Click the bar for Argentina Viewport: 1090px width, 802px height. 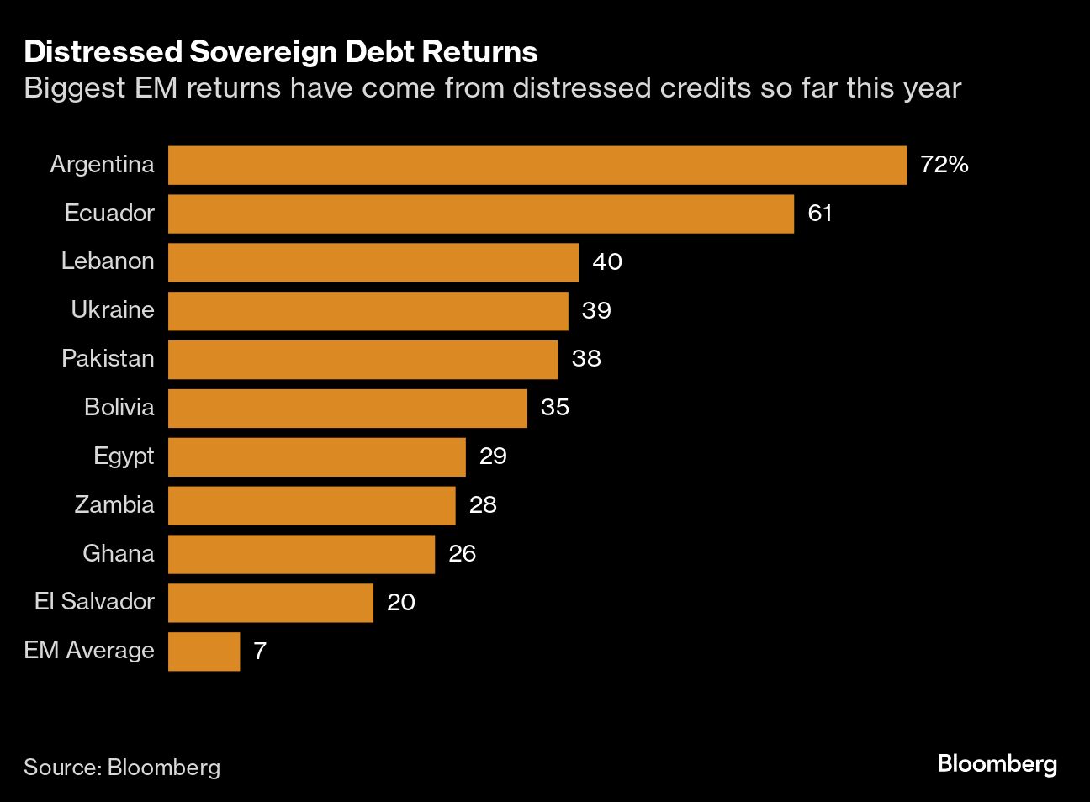(537, 165)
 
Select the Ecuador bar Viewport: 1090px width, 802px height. (481, 214)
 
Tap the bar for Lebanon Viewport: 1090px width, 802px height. (373, 262)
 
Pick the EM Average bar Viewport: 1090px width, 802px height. (204, 652)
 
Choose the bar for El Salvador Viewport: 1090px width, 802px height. (271, 603)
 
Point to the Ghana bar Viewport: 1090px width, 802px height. (301, 554)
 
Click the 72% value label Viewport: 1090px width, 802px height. (944, 165)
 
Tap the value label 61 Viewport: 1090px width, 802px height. (820, 214)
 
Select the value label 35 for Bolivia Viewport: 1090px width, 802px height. (555, 408)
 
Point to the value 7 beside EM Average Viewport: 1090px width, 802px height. (260, 652)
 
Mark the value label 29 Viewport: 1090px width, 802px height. (493, 456)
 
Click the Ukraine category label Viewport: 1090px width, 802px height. (113, 310)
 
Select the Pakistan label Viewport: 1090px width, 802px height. (108, 359)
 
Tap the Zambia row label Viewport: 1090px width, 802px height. (114, 505)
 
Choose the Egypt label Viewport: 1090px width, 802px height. (124, 456)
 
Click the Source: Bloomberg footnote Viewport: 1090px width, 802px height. (122, 767)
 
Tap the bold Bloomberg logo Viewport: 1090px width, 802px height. (997, 764)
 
